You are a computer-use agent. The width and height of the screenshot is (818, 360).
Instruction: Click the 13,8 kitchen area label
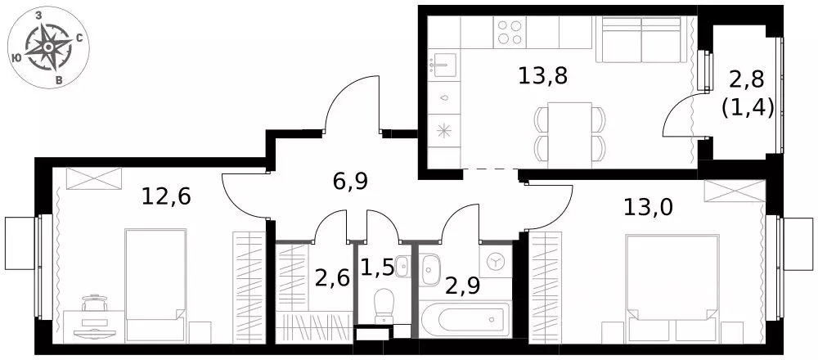tap(542, 77)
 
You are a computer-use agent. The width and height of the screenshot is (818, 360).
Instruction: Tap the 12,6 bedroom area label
tap(166, 196)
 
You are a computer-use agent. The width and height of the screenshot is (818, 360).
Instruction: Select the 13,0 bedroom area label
tap(649, 207)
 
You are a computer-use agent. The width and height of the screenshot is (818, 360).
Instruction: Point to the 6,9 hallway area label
tap(350, 182)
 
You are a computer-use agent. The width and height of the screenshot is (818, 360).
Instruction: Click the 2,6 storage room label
tap(332, 277)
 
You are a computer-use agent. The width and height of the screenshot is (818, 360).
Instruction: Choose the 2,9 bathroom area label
tap(462, 285)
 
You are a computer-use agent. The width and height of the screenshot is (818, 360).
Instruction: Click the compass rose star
tap(48, 47)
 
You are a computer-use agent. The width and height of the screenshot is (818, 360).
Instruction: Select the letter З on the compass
tap(38, 16)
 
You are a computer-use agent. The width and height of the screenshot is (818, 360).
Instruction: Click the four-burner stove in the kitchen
tap(510, 32)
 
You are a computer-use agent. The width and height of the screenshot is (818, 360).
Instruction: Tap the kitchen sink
tap(443, 65)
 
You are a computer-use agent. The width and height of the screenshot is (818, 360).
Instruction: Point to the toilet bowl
tap(384, 304)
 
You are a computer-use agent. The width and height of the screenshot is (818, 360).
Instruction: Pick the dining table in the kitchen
tap(570, 136)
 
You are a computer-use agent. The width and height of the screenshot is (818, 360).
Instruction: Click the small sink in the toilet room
tap(402, 266)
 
